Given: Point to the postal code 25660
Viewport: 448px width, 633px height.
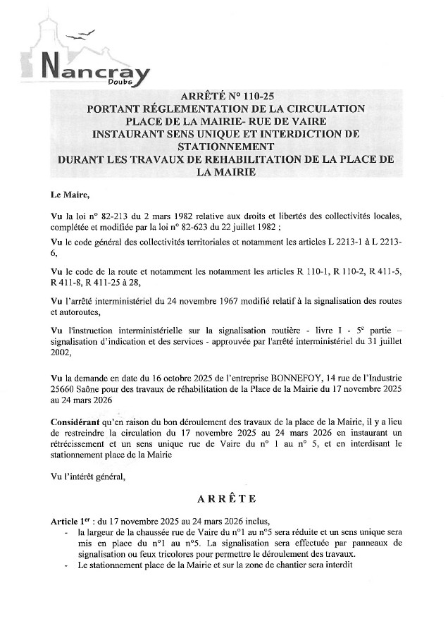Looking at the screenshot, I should pos(65,388).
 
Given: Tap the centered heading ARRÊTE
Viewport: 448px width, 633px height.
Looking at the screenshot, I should pos(226,499).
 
